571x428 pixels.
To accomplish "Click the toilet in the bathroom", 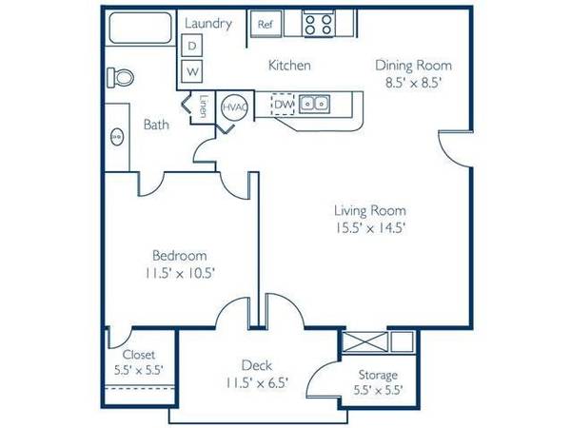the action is point(121,78).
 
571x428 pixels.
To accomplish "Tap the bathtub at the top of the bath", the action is point(141,28).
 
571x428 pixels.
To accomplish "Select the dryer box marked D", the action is point(191,46).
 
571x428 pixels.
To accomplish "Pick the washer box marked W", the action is point(191,71).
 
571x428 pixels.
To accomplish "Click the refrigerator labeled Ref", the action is point(266,24).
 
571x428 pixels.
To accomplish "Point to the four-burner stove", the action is point(318,24).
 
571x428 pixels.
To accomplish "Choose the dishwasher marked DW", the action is point(284,105).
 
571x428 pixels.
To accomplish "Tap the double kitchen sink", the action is point(314,104).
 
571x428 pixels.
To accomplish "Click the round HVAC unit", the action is point(234,107).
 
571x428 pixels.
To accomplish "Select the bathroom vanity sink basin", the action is point(117,137).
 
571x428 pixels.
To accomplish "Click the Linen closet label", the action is point(204,106).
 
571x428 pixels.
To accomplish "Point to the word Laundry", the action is point(208,24).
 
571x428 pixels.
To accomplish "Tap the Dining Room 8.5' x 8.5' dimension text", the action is point(414,84).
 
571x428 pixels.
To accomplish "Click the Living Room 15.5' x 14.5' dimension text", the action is point(370,228).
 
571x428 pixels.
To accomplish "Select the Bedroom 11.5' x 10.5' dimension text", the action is point(180,273).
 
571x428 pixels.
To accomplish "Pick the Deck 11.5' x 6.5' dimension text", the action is point(257,383).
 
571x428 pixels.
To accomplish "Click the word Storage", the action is point(378,375).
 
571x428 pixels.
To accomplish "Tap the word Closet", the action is point(139,355).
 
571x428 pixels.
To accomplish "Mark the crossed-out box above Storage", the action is point(365,341).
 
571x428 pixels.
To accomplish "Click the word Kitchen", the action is point(289,65).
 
